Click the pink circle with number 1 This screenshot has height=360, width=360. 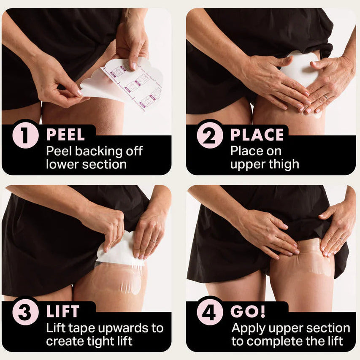pyautogui.click(x=26, y=135)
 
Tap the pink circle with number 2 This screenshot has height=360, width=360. pyautogui.click(x=210, y=135)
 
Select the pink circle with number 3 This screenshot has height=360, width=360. pyautogui.click(x=26, y=312)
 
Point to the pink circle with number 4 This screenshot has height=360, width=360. pyautogui.click(x=210, y=312)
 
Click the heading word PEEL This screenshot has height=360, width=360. pyautogui.click(x=65, y=135)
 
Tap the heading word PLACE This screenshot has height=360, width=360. pyautogui.click(x=257, y=135)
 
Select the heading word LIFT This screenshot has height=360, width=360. pyautogui.click(x=63, y=312)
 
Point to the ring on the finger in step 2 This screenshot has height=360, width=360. pyautogui.click(x=325, y=97)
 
